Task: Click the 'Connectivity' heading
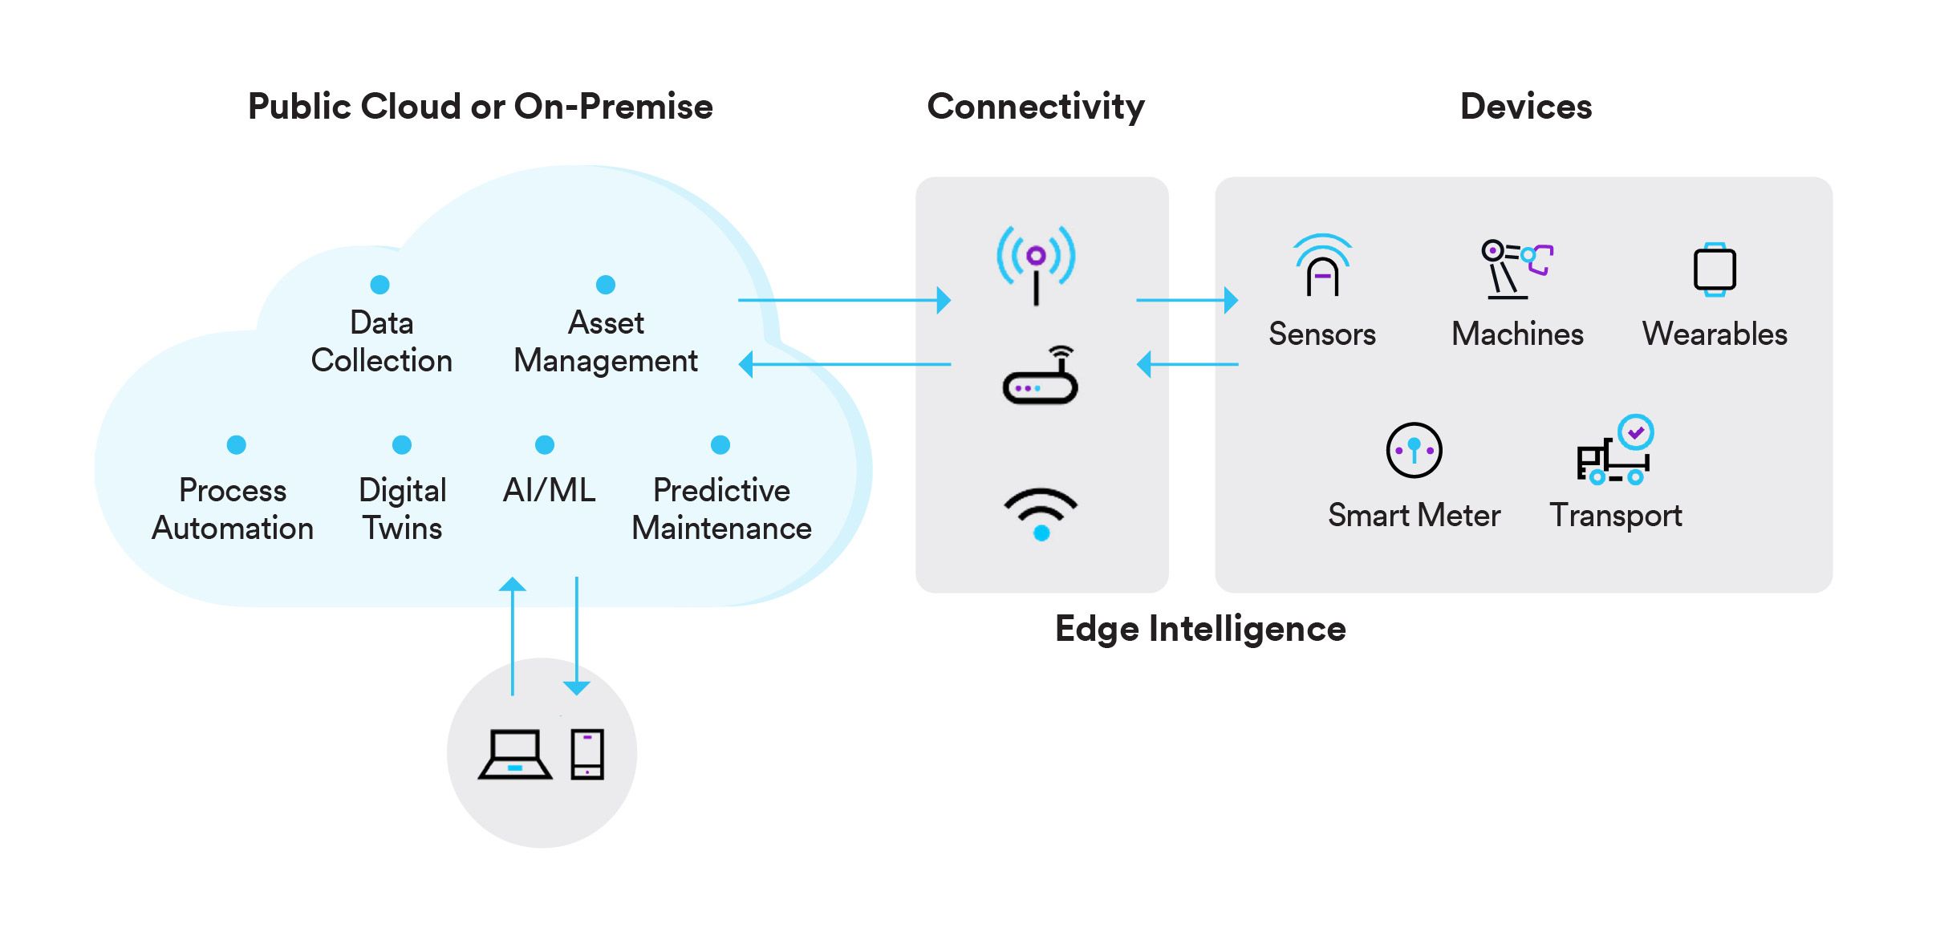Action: click(1035, 107)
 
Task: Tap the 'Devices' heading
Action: click(1525, 107)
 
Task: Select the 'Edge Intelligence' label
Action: click(1199, 629)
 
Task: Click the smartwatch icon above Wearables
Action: click(1715, 269)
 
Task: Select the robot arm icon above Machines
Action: click(1516, 269)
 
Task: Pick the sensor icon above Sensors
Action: click(1322, 265)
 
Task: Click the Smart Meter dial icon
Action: click(1414, 450)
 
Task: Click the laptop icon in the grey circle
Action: click(514, 754)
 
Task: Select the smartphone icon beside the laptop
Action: click(587, 754)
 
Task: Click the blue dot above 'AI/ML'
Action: click(545, 444)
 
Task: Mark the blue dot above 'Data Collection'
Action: click(379, 285)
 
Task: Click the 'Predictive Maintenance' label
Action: click(721, 509)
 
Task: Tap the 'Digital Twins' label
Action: click(402, 509)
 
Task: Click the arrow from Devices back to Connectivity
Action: click(1187, 364)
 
